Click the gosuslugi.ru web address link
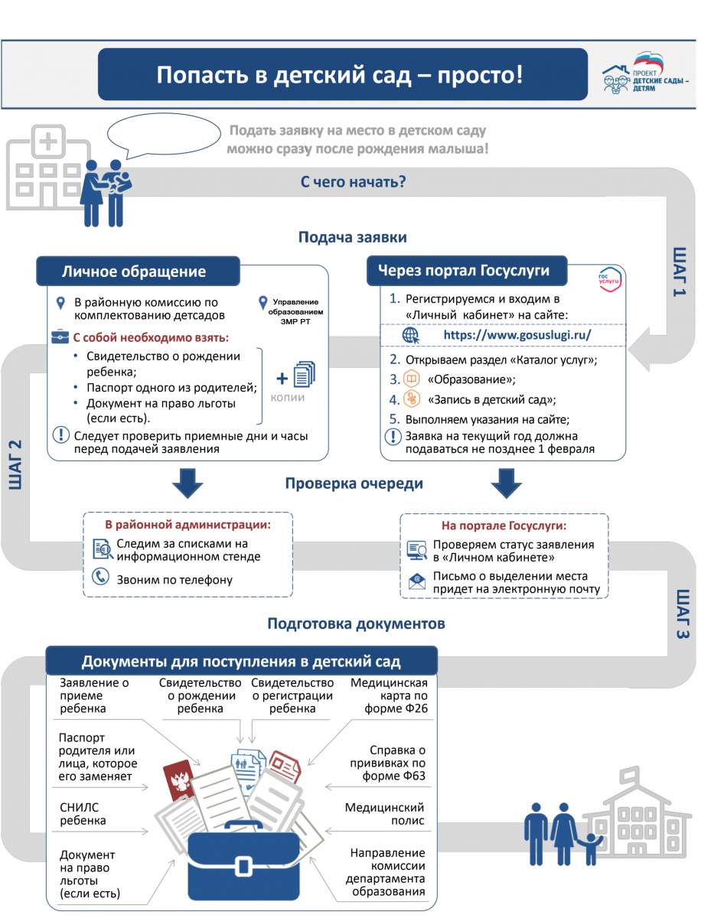[x=518, y=335]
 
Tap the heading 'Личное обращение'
[x=134, y=272]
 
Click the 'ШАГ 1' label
[x=680, y=272]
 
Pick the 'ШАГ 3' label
[x=683, y=614]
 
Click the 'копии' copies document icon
[x=305, y=375]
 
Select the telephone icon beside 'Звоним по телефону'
[x=100, y=577]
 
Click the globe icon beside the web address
[x=410, y=335]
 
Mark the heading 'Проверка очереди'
[x=354, y=483]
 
